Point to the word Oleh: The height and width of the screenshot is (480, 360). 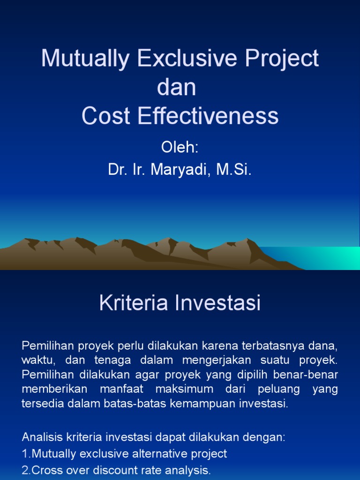[x=180, y=147]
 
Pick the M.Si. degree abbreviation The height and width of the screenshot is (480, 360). [x=234, y=170]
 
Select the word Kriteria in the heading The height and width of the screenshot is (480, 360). [x=133, y=303]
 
